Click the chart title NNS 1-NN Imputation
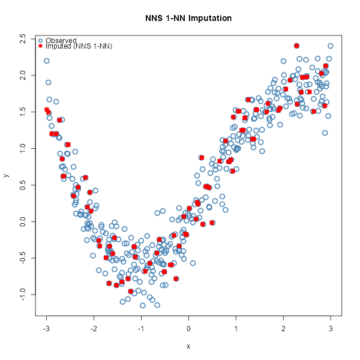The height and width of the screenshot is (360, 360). tap(188, 18)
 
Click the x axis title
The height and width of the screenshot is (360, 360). tap(188, 346)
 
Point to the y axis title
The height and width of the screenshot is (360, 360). tap(7, 175)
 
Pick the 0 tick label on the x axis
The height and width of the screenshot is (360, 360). tap(189, 328)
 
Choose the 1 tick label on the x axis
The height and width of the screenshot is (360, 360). tap(236, 328)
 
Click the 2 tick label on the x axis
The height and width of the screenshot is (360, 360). tap(284, 328)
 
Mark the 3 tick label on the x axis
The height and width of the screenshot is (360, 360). tap(331, 328)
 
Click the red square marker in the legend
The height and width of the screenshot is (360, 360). tap(40, 46)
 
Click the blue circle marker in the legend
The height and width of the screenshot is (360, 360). tap(40, 40)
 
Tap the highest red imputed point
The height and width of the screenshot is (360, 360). tap(296, 46)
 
